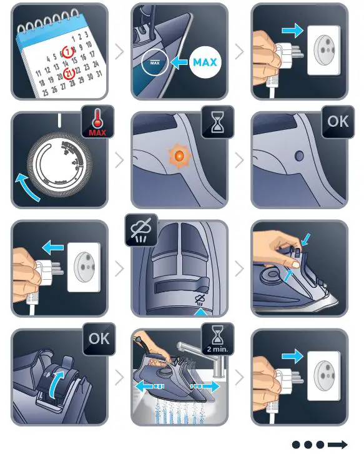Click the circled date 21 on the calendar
[x=70, y=74]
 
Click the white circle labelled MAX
[x=205, y=63]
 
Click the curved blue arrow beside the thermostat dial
[x=27, y=187]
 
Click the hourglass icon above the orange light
[x=218, y=122]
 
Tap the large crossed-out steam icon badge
[x=141, y=230]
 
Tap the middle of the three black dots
[x=308, y=445]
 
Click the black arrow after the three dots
[x=337, y=445]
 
